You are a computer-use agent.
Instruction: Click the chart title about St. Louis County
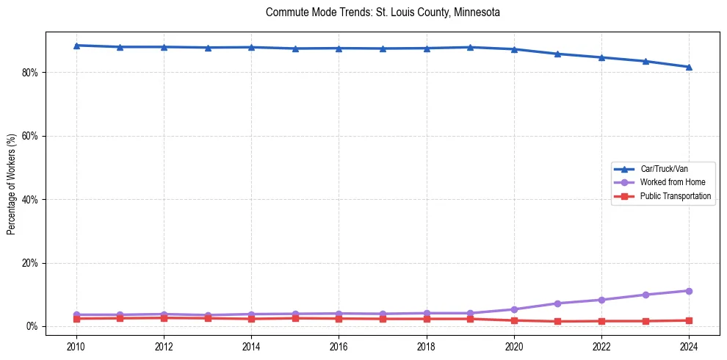point(383,12)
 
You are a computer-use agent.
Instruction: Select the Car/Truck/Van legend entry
point(664,169)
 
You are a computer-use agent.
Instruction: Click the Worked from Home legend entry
point(672,182)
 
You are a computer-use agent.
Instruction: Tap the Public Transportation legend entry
point(676,196)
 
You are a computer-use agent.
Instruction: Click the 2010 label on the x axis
point(76,345)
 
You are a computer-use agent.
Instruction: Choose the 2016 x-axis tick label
point(339,345)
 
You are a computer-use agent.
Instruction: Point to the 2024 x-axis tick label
point(689,345)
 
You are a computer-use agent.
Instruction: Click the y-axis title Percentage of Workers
point(12,184)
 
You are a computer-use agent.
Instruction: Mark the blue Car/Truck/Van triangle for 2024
point(689,67)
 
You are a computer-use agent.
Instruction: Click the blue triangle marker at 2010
point(76,46)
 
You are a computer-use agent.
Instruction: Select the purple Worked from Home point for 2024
point(689,291)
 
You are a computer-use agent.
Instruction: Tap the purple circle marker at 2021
point(557,303)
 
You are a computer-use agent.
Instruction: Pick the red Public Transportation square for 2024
point(689,320)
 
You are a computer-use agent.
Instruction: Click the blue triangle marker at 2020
point(514,49)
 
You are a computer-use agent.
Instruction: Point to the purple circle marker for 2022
point(601,300)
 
